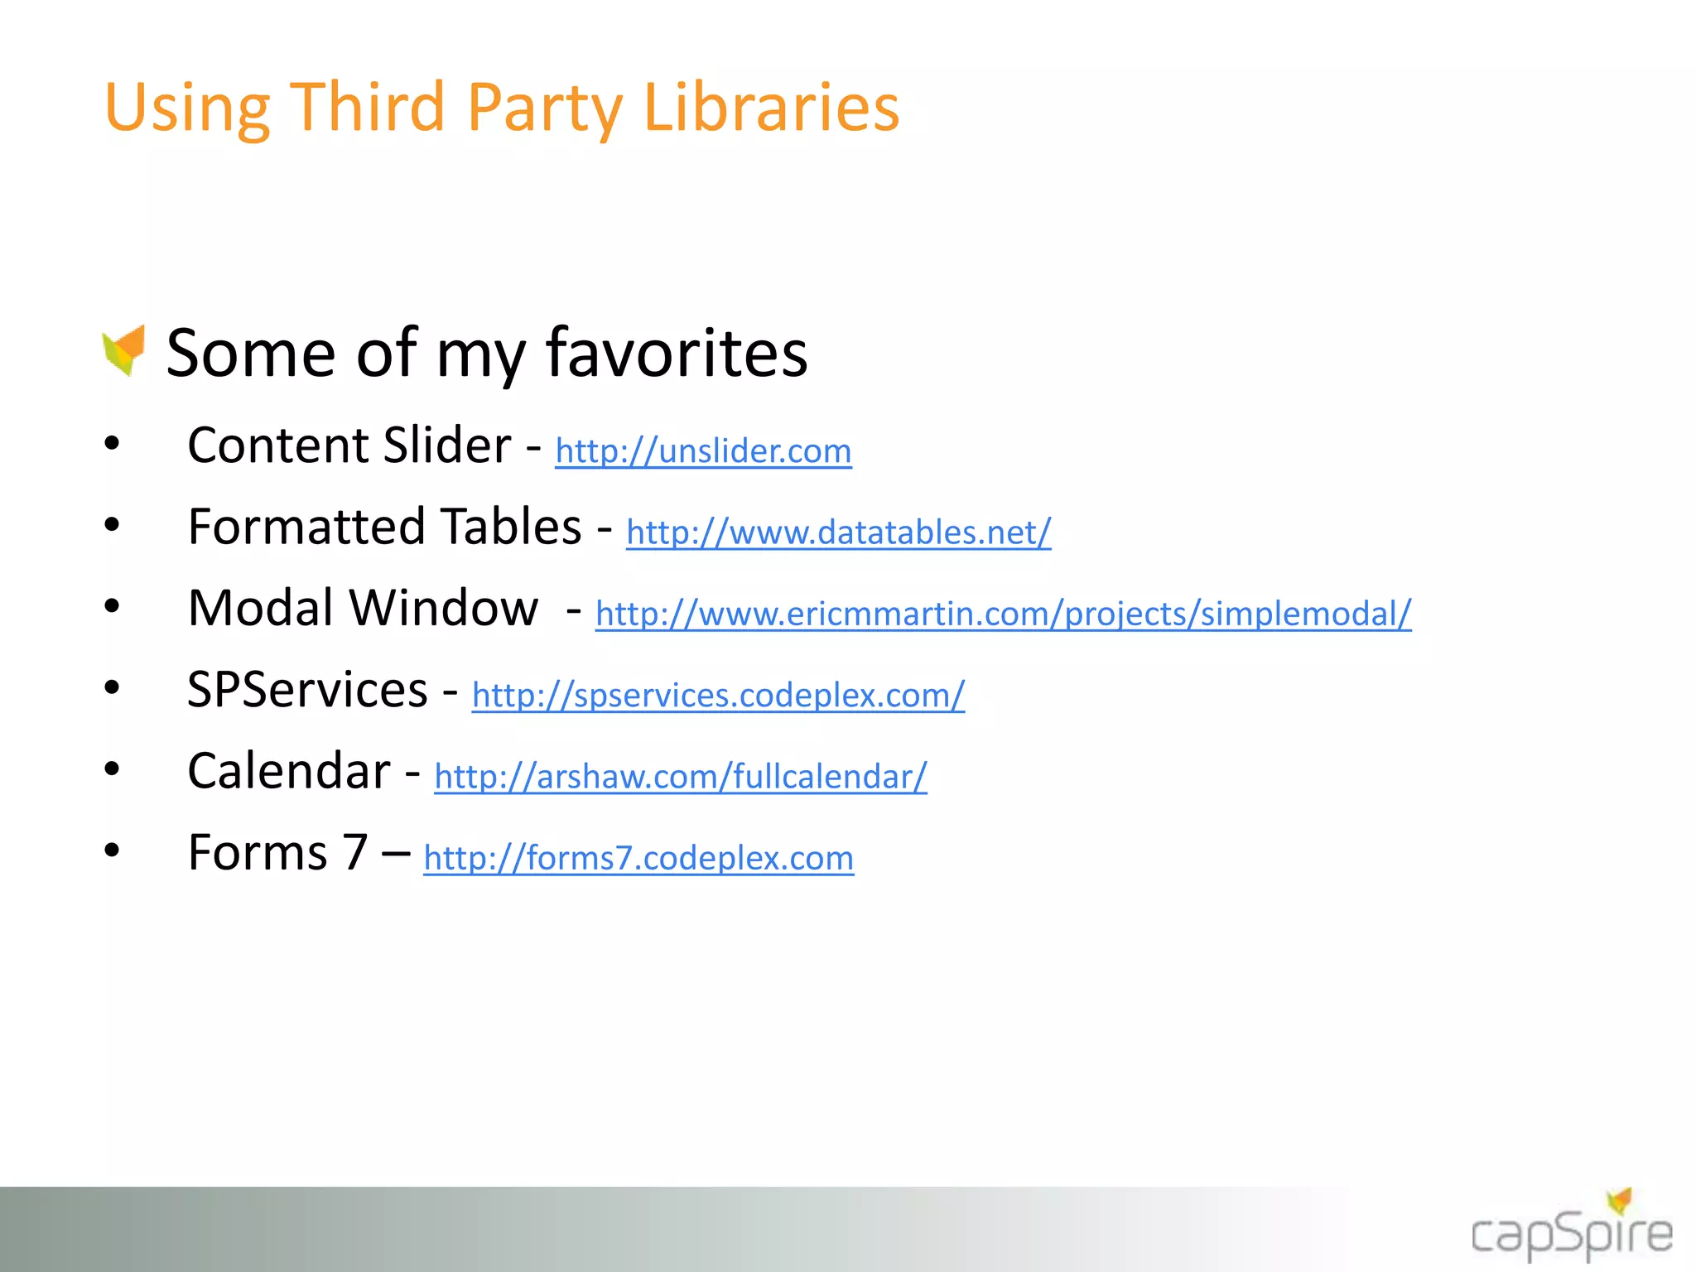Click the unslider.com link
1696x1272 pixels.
point(703,451)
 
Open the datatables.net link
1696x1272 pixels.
point(838,532)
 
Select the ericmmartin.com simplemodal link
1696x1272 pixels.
point(1003,614)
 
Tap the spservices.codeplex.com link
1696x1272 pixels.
point(718,696)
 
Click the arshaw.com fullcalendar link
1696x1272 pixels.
point(680,777)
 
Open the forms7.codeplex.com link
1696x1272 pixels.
point(638,858)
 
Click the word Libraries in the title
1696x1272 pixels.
point(771,108)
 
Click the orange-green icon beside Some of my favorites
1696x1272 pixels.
point(124,349)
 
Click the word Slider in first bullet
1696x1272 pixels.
point(447,446)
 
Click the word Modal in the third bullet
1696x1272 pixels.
point(260,608)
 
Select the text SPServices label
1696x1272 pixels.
point(307,690)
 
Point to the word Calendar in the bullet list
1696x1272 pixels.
point(288,771)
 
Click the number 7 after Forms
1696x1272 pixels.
point(355,852)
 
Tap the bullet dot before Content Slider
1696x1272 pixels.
point(112,444)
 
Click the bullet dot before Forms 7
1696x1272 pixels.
point(112,850)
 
